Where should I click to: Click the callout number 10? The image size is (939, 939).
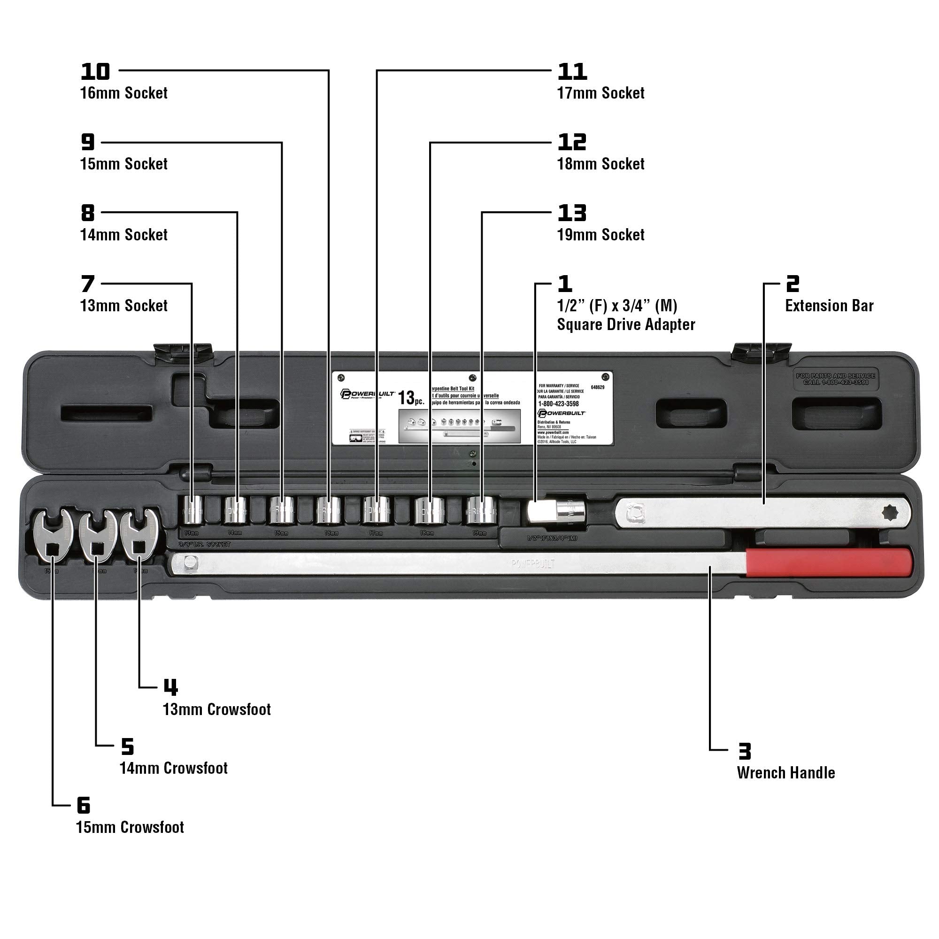click(x=95, y=72)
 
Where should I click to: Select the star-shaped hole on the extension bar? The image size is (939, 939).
click(x=889, y=513)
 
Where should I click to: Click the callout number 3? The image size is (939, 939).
click(x=744, y=751)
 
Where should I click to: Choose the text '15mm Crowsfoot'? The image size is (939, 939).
click(x=130, y=827)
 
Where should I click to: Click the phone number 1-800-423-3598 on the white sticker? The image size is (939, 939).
click(x=558, y=404)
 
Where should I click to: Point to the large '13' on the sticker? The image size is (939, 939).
click(x=406, y=398)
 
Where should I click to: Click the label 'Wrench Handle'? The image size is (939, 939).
click(x=785, y=773)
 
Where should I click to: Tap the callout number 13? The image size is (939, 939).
click(x=571, y=213)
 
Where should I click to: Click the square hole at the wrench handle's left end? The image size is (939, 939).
click(x=190, y=563)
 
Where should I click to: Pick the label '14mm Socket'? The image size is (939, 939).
click(x=123, y=235)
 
